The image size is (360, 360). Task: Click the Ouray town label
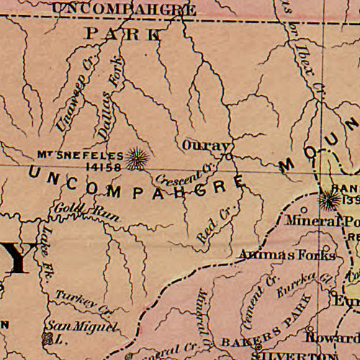[x=204, y=144]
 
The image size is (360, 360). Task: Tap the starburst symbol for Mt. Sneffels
[x=135, y=158]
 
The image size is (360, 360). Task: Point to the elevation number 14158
[x=104, y=166]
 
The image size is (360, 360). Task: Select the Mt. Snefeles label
[x=79, y=155]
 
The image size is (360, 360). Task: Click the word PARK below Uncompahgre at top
[x=123, y=33]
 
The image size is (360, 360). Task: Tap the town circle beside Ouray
[x=230, y=155]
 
